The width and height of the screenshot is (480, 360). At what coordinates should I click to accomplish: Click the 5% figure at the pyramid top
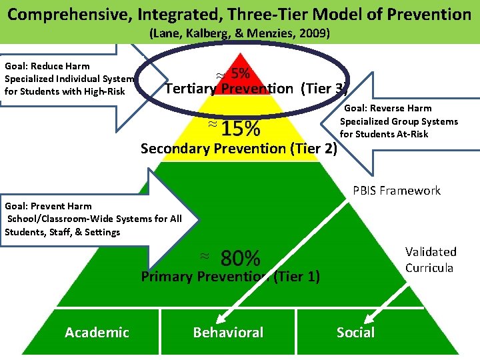(241, 73)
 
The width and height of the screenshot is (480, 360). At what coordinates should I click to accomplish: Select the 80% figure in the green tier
(240, 257)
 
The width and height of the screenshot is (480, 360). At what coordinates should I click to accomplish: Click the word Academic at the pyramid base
(97, 332)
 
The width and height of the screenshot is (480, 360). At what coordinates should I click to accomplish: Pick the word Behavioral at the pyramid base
(228, 332)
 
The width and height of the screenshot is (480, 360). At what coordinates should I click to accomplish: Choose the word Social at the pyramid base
(355, 332)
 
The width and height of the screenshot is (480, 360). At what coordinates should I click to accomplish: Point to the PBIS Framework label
(396, 191)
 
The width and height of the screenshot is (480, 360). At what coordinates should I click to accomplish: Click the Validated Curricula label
(431, 259)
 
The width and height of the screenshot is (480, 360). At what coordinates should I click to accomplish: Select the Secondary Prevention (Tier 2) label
(239, 148)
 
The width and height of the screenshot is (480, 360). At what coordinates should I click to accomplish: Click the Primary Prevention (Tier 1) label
(230, 276)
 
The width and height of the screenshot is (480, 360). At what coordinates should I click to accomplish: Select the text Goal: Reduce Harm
(47, 66)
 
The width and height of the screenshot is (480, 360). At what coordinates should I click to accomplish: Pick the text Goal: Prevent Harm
(48, 206)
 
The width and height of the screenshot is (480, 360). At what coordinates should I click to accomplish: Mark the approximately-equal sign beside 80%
(205, 255)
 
